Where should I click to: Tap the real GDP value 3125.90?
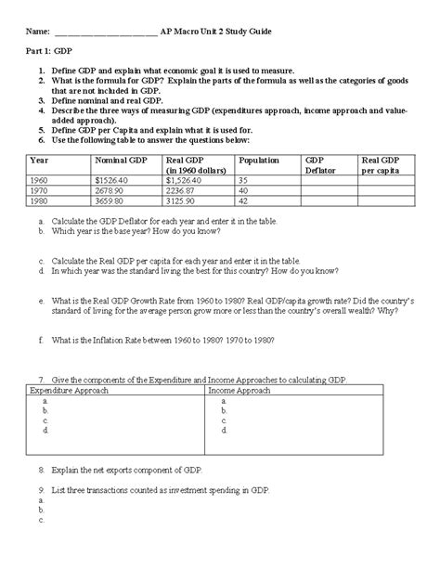(185, 200)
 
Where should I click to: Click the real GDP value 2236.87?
(185, 189)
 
